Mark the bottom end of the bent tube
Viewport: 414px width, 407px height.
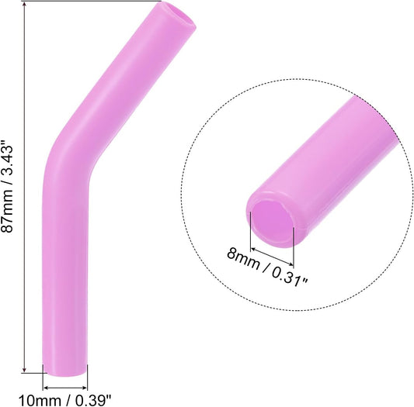pyautogui.click(x=65, y=371)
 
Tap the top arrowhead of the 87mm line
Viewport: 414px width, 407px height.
pyautogui.click(x=26, y=3)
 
